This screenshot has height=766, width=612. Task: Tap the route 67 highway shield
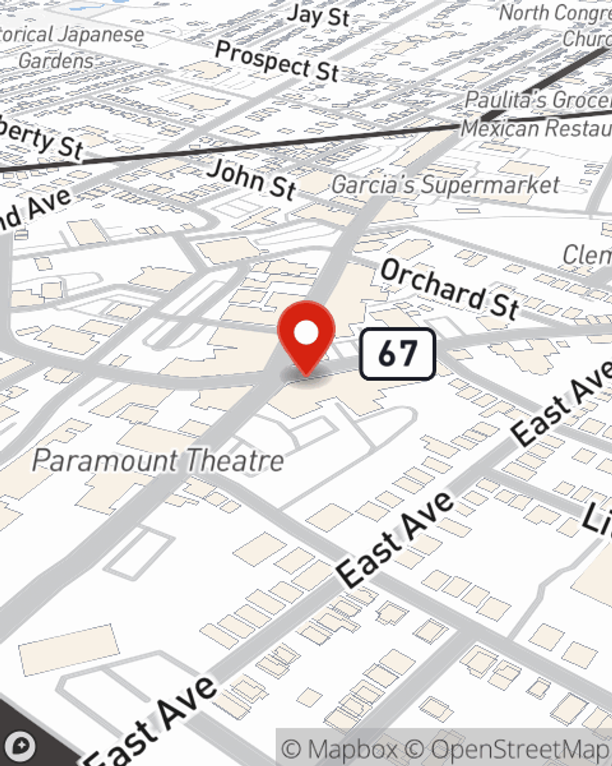397,354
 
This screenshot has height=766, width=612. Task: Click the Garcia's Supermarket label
446,184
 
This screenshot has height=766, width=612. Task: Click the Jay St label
318,15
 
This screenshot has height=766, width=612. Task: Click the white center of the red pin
306,333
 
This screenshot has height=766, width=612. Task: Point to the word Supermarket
491,184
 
